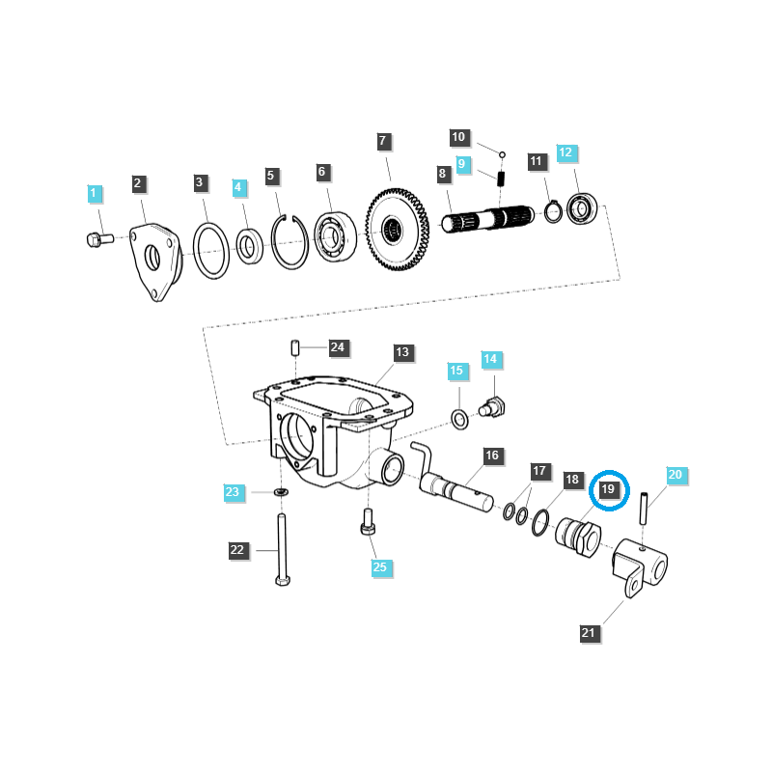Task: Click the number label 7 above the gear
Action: pyautogui.click(x=382, y=141)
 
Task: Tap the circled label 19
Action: pyautogui.click(x=608, y=490)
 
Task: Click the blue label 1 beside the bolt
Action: pyautogui.click(x=94, y=194)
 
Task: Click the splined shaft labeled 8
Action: pyautogui.click(x=487, y=222)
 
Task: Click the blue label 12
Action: pyautogui.click(x=565, y=152)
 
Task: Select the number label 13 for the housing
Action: pyautogui.click(x=402, y=352)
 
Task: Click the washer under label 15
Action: pyautogui.click(x=461, y=418)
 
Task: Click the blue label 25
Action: pyautogui.click(x=379, y=566)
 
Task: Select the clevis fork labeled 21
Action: pyautogui.click(x=638, y=569)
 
